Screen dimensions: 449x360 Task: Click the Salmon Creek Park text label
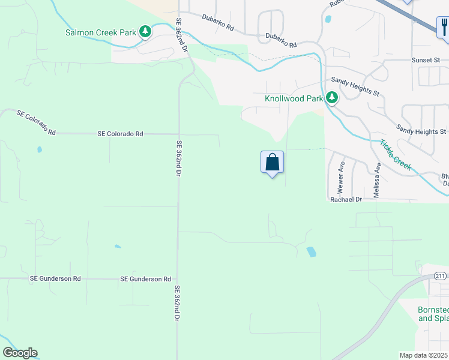tap(101, 32)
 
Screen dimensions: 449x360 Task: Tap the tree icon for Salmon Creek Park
tap(145, 31)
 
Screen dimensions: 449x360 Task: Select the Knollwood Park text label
tap(293, 98)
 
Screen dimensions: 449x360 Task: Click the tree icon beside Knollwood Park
tap(331, 97)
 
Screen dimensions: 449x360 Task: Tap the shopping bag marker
tap(272, 162)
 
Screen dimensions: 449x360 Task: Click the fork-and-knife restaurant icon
tap(444, 27)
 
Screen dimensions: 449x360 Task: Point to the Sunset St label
tap(426, 61)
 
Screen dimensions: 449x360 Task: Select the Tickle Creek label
tap(395, 155)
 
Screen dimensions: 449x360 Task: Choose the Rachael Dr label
tap(346, 199)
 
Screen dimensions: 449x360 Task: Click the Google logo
tap(20, 353)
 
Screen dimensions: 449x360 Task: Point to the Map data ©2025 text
tap(423, 355)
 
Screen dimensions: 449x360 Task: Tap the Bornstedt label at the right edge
tap(433, 310)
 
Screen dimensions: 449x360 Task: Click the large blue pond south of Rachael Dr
tap(311, 252)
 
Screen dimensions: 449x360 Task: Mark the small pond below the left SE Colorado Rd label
tap(40, 149)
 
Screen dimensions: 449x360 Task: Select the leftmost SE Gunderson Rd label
tap(55, 279)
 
